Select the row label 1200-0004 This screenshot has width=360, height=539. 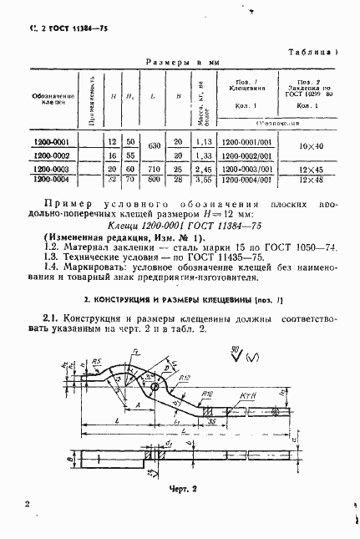pyautogui.click(x=51, y=178)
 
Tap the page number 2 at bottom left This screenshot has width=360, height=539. pyautogui.click(x=28, y=505)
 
